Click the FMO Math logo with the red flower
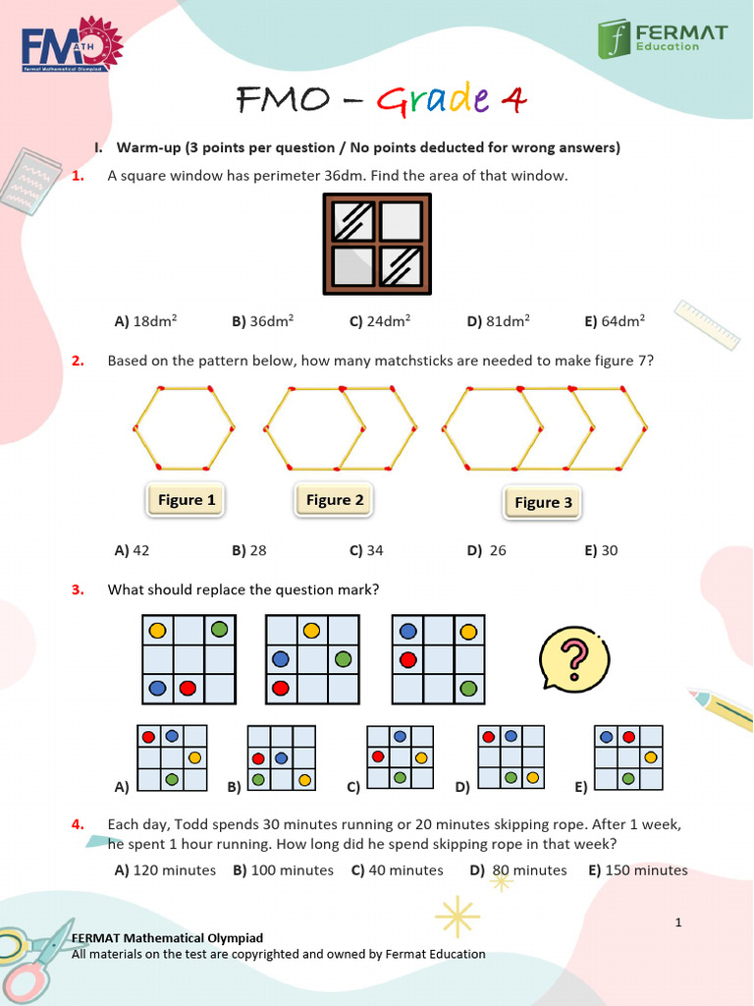click(71, 44)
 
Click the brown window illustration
click(377, 244)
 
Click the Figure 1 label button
click(187, 500)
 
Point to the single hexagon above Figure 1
click(185, 428)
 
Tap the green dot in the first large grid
click(220, 629)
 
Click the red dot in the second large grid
click(281, 688)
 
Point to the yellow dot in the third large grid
click(468, 631)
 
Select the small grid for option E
click(628, 757)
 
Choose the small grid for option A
click(172, 757)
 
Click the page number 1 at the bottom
click(678, 922)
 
